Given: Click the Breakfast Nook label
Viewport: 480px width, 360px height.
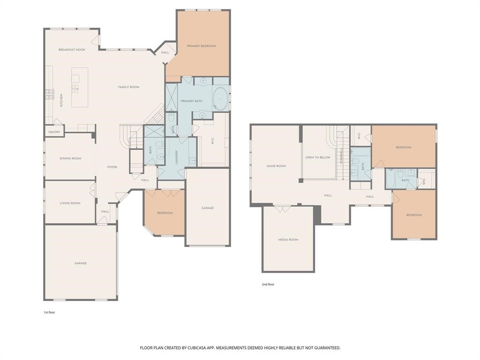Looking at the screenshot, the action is pyautogui.click(x=72, y=50).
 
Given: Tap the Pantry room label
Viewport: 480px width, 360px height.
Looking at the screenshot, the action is pyautogui.click(x=54, y=132).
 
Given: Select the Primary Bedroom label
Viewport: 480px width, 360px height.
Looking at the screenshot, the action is pyautogui.click(x=202, y=46).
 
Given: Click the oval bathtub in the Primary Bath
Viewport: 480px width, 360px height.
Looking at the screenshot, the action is pyautogui.click(x=220, y=98).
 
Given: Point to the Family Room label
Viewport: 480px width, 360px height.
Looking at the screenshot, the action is pyautogui.click(x=128, y=87).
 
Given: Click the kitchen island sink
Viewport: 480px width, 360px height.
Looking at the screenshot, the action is pyautogui.click(x=75, y=89).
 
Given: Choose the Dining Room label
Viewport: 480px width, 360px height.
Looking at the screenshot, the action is pyautogui.click(x=70, y=158).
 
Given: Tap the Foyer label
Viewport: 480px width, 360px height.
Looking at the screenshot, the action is pyautogui.click(x=112, y=167).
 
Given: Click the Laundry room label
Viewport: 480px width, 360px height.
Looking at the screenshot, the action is pyautogui.click(x=177, y=157).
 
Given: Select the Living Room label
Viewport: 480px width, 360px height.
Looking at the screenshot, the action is pyautogui.click(x=70, y=203).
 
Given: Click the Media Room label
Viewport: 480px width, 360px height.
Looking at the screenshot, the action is pyautogui.click(x=288, y=240).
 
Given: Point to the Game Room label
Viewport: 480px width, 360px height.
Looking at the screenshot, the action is pyautogui.click(x=276, y=166).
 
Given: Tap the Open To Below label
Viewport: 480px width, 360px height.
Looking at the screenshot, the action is pyautogui.click(x=318, y=157).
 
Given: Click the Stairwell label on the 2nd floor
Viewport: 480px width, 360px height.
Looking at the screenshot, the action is pyautogui.click(x=341, y=156).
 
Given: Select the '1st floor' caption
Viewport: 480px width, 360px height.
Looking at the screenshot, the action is pyautogui.click(x=49, y=313).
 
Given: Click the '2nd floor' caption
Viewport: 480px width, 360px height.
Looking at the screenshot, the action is pyautogui.click(x=268, y=285).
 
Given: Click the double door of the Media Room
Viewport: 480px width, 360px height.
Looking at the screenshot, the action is pyautogui.click(x=282, y=209).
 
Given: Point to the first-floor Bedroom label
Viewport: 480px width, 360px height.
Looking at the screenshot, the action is pyautogui.click(x=165, y=213).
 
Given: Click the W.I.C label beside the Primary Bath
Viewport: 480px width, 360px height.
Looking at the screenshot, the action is pyautogui.click(x=212, y=141).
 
